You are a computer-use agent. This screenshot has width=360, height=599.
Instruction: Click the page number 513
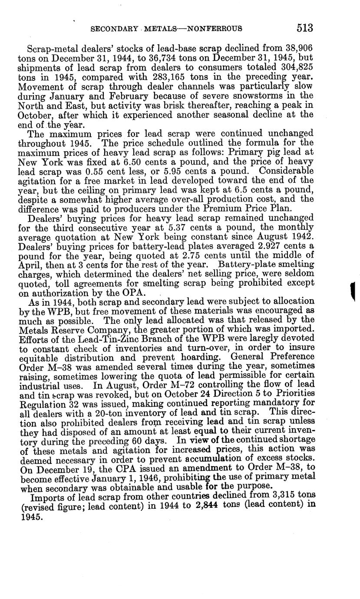point(305,28)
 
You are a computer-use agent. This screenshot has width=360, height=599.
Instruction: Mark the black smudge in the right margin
point(353,292)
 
